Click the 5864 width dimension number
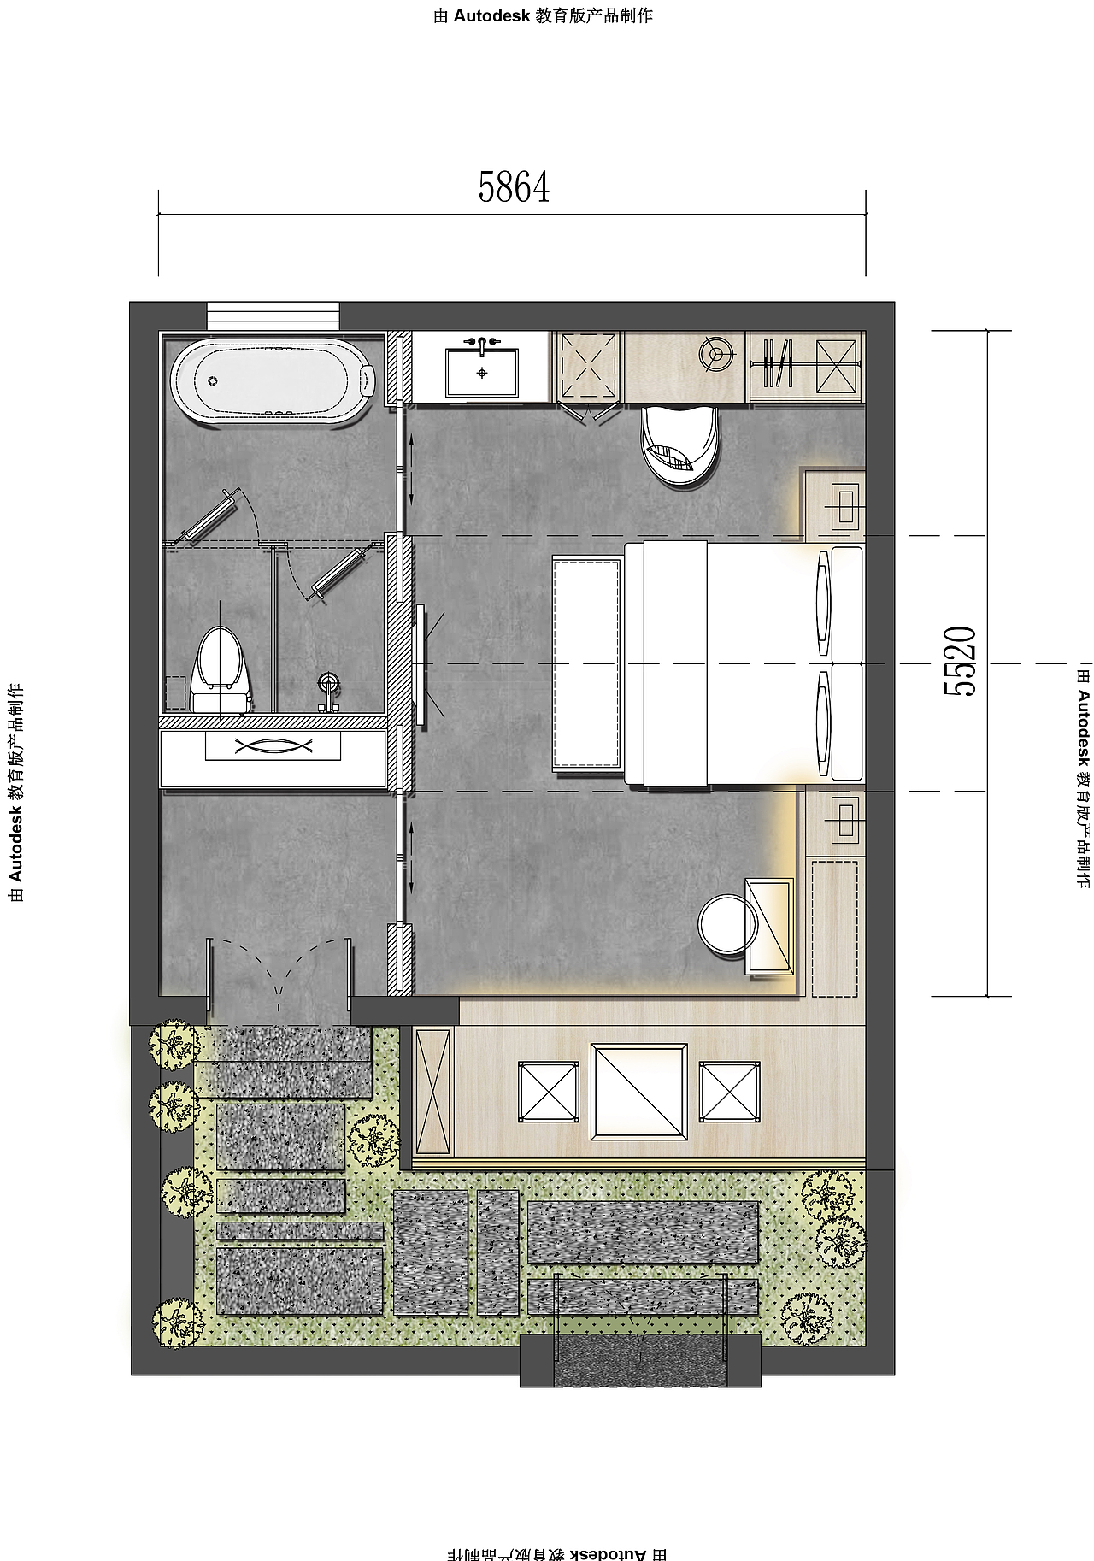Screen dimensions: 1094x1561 514,187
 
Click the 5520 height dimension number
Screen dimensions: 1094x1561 960,662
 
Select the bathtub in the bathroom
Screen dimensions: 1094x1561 273,381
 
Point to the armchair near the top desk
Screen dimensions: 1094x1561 680,445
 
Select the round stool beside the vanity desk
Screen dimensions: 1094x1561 727,925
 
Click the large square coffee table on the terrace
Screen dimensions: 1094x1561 639,1092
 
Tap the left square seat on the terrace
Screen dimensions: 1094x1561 549,1092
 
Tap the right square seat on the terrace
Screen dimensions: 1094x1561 730,1092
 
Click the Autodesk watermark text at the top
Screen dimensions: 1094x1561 544,15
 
